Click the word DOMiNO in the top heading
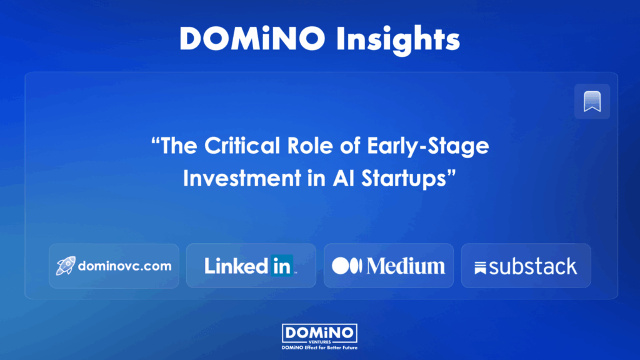(252, 39)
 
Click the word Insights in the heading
(398, 39)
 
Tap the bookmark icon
(592, 101)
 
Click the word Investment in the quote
(242, 178)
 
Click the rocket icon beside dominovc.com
(66, 266)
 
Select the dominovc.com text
(124, 266)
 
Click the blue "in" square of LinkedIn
(282, 266)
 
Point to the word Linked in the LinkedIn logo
(236, 266)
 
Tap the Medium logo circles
(347, 266)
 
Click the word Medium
(406, 266)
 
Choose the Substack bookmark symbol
(481, 268)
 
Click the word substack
(533, 267)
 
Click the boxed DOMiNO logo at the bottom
(319, 334)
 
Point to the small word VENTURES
(319, 342)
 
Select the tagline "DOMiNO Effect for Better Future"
(319, 347)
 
